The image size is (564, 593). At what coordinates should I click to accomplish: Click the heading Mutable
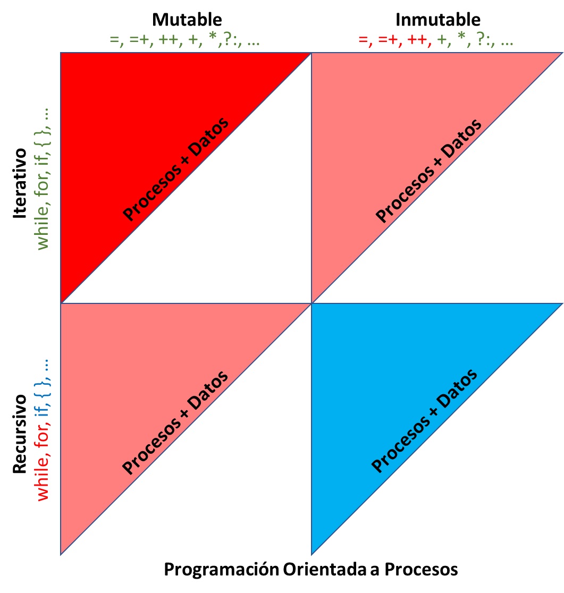coord(187,20)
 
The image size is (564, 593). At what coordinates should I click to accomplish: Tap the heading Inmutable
coord(437,20)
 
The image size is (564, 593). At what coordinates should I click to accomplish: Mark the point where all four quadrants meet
coord(311,303)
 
